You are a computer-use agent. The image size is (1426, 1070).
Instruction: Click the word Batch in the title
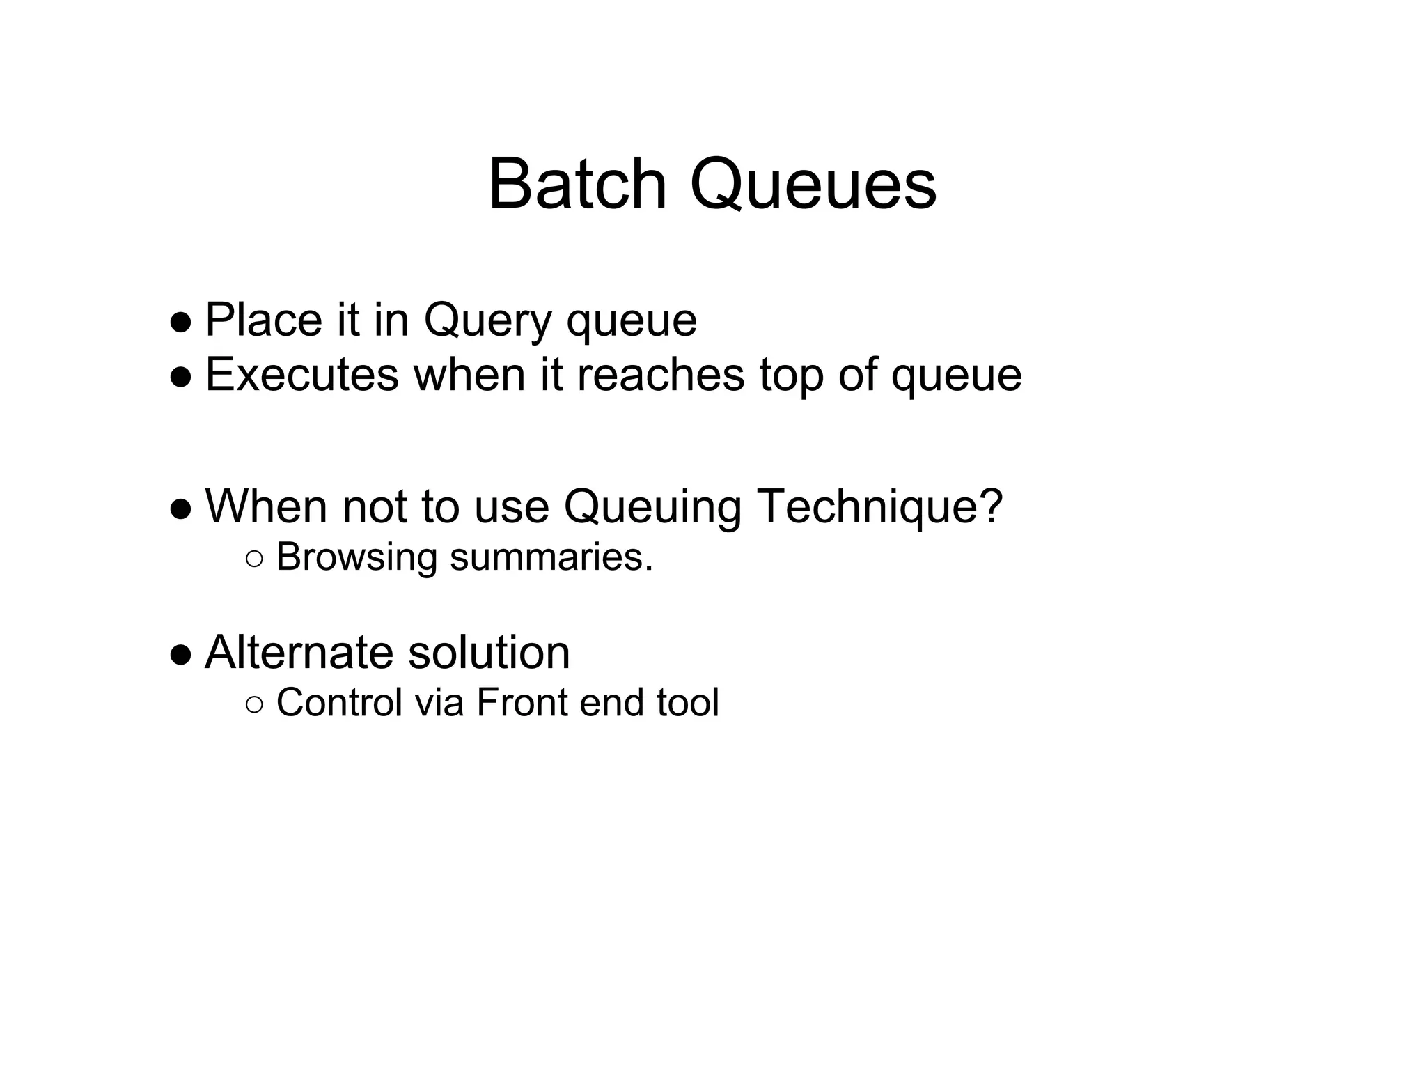click(577, 185)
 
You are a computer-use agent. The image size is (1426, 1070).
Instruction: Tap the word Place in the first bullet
click(263, 320)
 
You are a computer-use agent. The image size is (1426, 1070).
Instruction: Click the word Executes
click(301, 375)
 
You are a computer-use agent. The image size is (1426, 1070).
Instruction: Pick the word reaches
click(660, 375)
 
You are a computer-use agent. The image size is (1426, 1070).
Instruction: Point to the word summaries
click(551, 557)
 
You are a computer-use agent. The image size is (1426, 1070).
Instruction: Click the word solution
click(489, 653)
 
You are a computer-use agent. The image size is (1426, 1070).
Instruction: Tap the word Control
click(340, 702)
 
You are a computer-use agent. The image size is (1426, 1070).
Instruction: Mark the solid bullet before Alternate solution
click(180, 656)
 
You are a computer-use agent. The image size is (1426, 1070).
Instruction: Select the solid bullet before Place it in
click(180, 323)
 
